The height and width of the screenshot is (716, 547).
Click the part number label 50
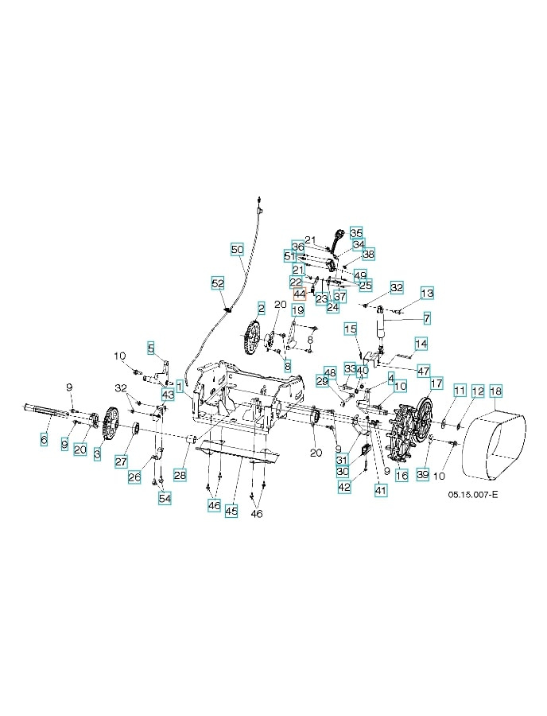[x=237, y=249]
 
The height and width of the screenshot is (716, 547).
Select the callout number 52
[x=218, y=283]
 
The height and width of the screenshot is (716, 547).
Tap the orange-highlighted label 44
[x=300, y=294]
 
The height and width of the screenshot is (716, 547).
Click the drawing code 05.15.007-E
[x=473, y=495]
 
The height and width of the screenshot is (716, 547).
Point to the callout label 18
[x=495, y=391]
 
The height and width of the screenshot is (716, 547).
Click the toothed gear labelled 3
[x=110, y=423]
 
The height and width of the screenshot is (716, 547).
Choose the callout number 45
[x=231, y=512]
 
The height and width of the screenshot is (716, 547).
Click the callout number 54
[x=165, y=498]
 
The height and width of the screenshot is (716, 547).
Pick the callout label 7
[x=427, y=318]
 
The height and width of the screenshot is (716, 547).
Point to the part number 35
[x=356, y=232]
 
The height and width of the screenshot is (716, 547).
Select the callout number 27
[x=122, y=461]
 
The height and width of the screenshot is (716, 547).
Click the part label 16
[x=402, y=475]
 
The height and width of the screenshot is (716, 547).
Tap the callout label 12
[x=477, y=391]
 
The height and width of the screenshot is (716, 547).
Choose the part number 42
[x=343, y=486]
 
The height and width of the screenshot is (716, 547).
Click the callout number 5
[x=151, y=348]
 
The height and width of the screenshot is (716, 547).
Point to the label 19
[x=298, y=309]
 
